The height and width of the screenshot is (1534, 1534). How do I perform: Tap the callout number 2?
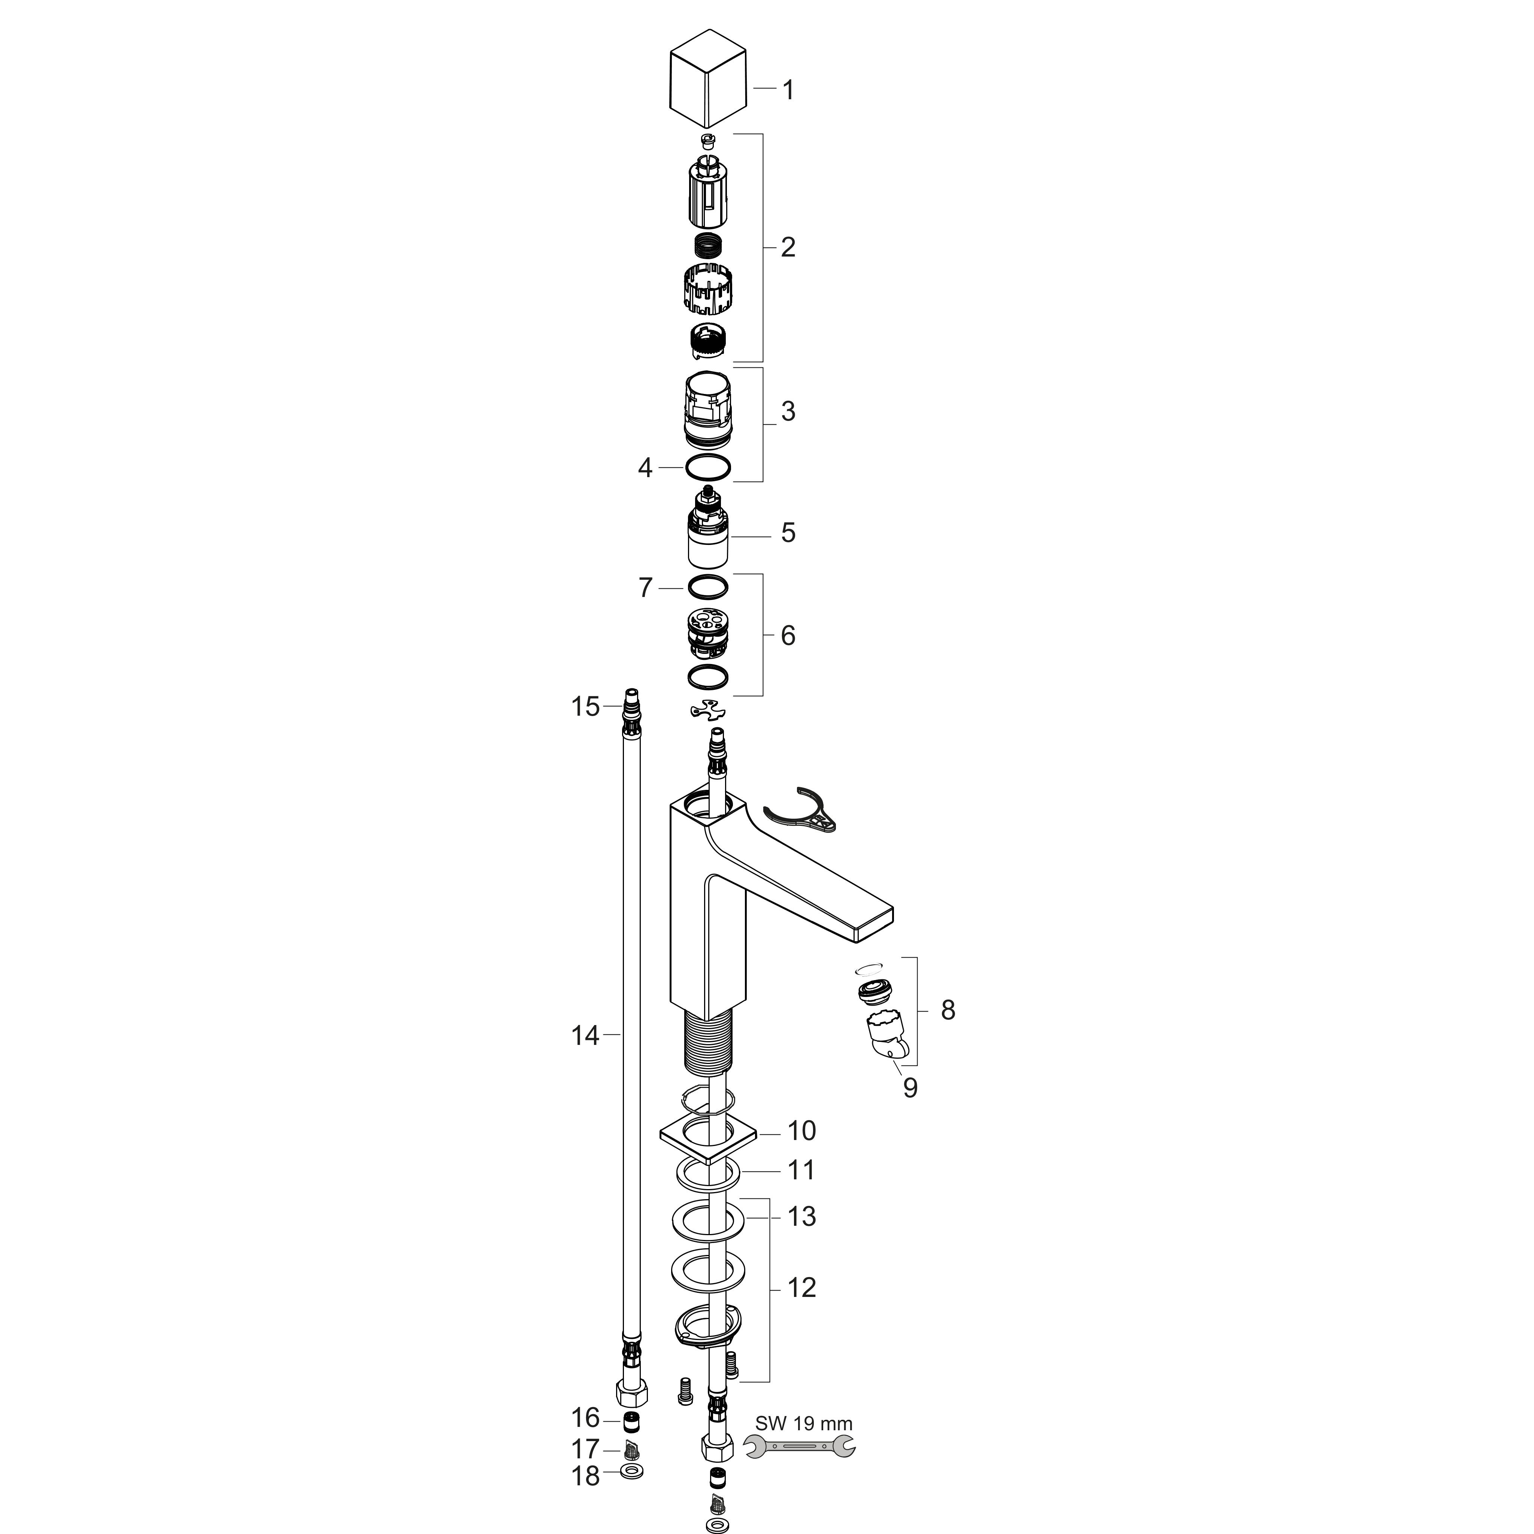click(788, 248)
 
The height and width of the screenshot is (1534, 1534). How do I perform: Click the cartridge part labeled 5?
click(708, 528)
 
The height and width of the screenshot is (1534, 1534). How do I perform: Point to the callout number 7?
click(646, 588)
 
